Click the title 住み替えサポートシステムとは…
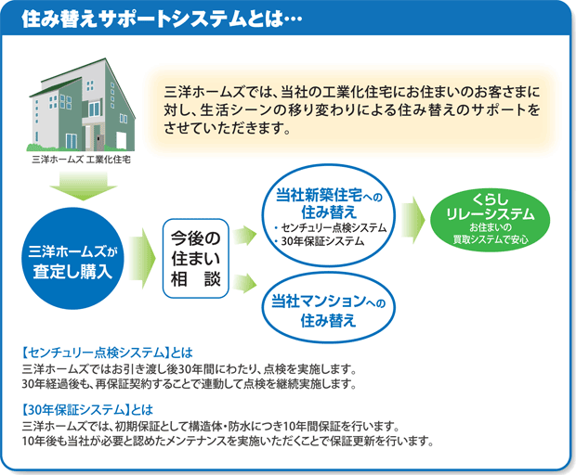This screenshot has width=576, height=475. (x=162, y=19)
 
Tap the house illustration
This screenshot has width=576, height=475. (x=83, y=105)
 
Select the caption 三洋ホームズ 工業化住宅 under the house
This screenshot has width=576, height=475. (x=81, y=160)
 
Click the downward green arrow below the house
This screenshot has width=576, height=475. (x=84, y=186)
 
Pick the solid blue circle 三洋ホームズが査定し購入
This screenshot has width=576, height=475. (x=72, y=259)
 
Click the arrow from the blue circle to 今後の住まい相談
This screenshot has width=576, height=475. (x=142, y=258)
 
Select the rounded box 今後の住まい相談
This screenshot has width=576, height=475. (x=196, y=259)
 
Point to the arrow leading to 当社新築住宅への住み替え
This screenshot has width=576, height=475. (x=244, y=235)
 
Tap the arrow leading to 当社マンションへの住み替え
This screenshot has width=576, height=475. (x=244, y=283)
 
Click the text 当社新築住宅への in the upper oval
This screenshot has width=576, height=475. (x=329, y=196)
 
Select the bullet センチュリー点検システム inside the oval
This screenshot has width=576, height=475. (x=330, y=228)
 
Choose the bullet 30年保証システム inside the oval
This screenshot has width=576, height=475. (x=320, y=241)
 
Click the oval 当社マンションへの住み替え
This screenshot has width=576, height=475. (x=328, y=311)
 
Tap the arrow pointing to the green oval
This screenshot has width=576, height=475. (x=413, y=220)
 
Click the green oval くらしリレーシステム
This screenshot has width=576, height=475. (x=490, y=220)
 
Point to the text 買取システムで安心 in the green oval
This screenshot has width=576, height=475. (x=491, y=240)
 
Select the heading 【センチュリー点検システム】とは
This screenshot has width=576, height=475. (x=107, y=353)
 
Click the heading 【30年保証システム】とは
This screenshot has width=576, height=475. (x=87, y=410)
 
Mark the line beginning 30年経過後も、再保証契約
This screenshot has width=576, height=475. (x=190, y=384)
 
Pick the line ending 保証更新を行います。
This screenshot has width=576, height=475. (x=228, y=441)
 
